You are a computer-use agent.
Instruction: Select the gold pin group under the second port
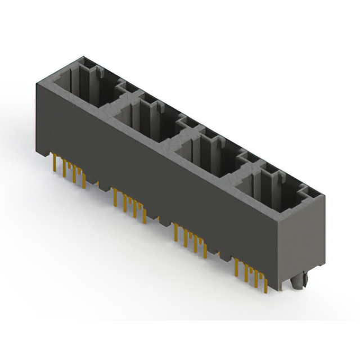point(129,202)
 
